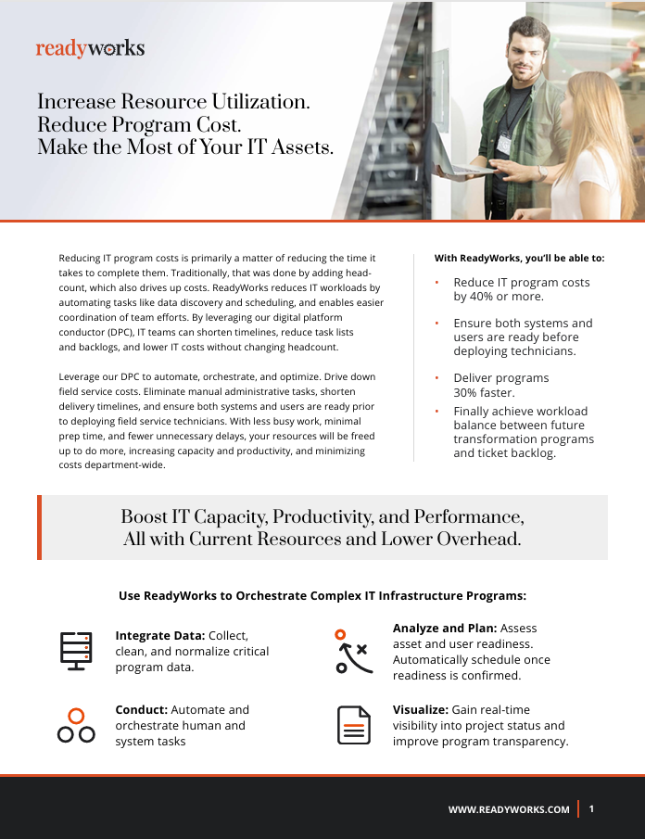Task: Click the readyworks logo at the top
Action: (x=90, y=48)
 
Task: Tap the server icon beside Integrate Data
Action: (x=73, y=650)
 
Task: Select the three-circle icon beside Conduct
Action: (x=76, y=725)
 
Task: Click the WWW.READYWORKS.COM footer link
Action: (x=509, y=809)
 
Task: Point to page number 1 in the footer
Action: (x=591, y=808)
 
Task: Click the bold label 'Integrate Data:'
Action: (x=159, y=635)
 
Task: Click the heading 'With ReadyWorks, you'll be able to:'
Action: (x=519, y=258)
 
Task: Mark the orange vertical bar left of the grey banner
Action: (x=39, y=528)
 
